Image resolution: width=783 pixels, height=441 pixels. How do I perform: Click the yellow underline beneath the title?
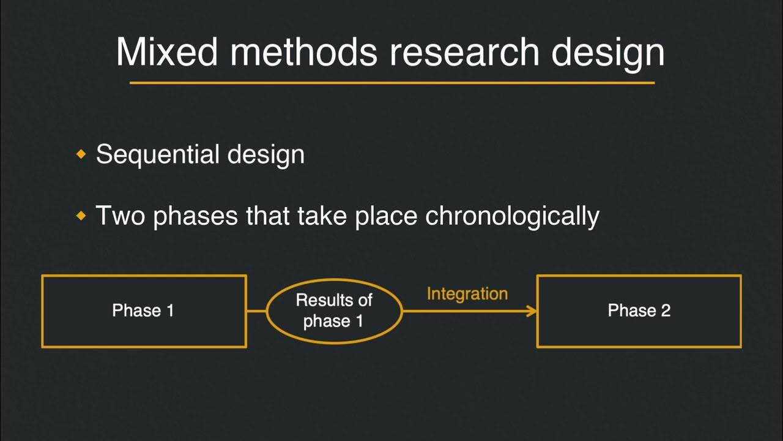[391, 82]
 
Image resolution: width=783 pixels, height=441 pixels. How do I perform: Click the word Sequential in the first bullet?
[158, 154]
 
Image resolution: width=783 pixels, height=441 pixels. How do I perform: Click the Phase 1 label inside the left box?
[143, 311]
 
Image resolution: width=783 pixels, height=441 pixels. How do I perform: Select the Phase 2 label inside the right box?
[639, 311]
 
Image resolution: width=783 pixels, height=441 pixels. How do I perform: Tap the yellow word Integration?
[467, 294]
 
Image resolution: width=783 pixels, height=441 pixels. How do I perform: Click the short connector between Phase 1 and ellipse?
[256, 311]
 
